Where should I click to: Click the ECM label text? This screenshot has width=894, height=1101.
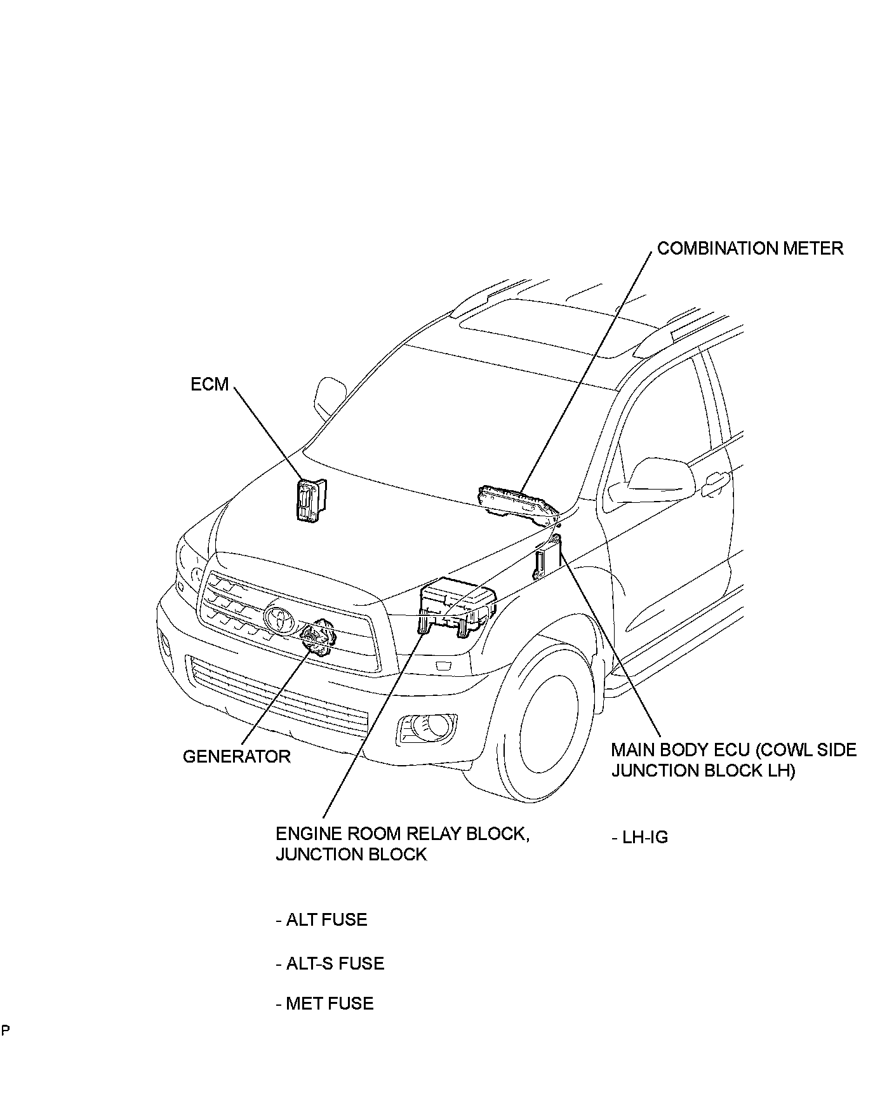click(x=210, y=384)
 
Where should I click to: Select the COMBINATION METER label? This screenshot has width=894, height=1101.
click(x=750, y=248)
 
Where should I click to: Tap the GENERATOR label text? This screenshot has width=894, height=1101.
click(x=236, y=756)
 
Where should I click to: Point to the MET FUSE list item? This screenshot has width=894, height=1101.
click(x=325, y=1003)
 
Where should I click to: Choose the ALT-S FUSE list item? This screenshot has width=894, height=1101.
click(x=330, y=963)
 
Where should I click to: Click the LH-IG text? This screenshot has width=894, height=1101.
click(x=640, y=837)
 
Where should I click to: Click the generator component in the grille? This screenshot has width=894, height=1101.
click(x=316, y=637)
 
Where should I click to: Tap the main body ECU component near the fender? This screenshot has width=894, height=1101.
click(x=547, y=557)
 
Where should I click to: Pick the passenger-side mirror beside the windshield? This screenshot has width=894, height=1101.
click(x=330, y=397)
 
